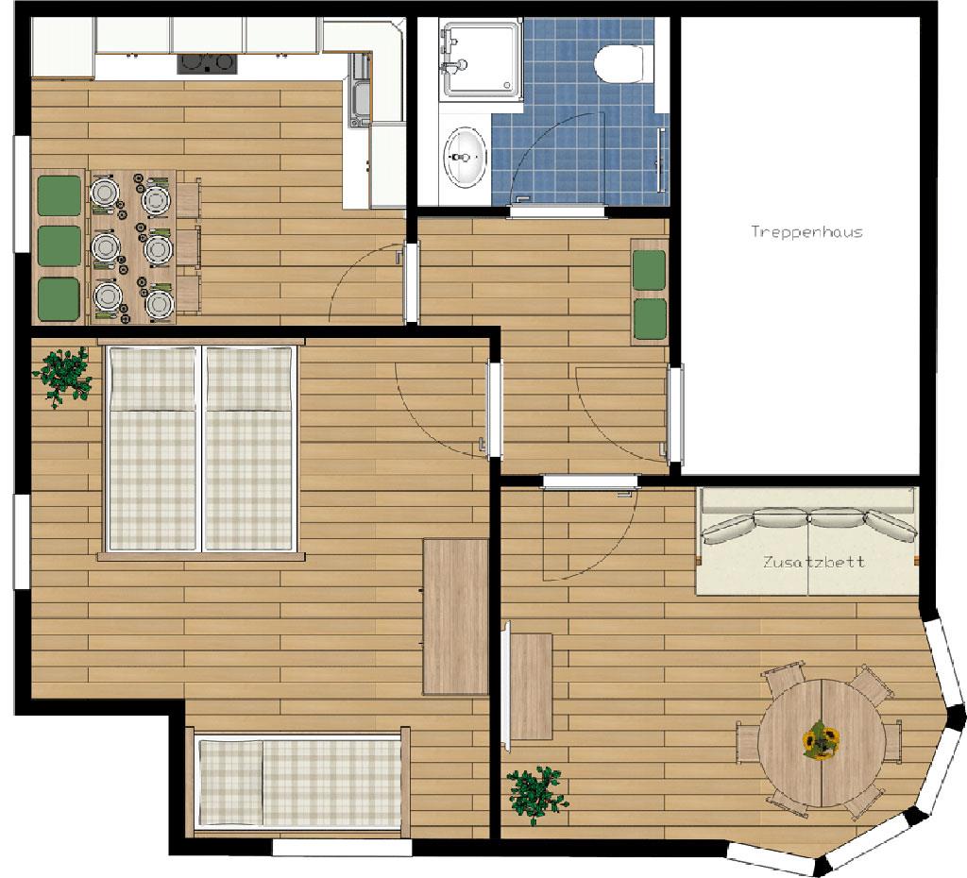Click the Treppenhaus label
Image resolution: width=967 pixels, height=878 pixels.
click(806, 232)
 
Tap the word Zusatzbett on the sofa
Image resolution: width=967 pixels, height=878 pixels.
click(813, 563)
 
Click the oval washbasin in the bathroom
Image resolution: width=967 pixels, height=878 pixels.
click(465, 157)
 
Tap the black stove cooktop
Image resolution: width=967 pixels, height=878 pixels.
click(207, 63)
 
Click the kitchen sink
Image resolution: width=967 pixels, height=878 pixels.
click(360, 90)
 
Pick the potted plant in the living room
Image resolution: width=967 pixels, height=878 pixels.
click(536, 795)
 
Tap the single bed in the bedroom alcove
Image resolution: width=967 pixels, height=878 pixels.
click(299, 782)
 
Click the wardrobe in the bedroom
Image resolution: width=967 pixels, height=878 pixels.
click(456, 616)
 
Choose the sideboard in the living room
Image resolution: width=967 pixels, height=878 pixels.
click(531, 685)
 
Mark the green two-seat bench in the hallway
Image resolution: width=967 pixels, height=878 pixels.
click(650, 292)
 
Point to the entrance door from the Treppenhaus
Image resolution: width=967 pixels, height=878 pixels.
click(676, 414)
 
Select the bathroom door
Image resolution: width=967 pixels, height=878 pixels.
click(557, 211)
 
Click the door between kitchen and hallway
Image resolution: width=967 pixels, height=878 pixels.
click(412, 281)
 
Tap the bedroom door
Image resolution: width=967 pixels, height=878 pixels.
click(495, 410)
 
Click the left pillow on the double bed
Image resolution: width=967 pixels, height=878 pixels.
click(152, 379)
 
